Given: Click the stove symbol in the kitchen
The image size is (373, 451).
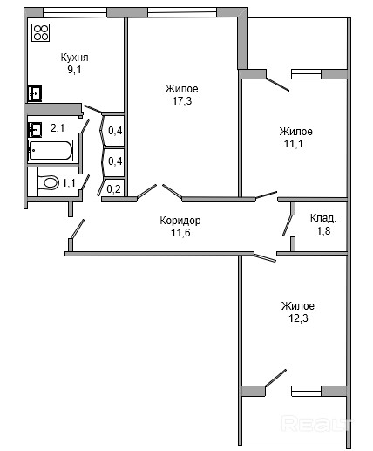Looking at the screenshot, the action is pos(40,32).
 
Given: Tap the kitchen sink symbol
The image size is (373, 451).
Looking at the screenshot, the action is pos(35,93).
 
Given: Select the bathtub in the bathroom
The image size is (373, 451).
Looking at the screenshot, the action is pos(51,150).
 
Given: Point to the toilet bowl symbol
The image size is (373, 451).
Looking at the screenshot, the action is pos(49,182).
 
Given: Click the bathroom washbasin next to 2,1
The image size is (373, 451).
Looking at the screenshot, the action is pos(35,130).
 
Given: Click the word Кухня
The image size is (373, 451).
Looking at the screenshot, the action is pos(74,58).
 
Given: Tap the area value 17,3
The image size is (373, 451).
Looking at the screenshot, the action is pos(182,101).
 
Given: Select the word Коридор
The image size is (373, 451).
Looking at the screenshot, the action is pos(180,221).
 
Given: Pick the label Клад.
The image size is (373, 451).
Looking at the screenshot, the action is pos(323,218).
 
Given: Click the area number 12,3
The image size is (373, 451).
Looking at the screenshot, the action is pos(298,318).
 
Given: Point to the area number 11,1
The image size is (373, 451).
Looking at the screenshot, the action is pos(294,144).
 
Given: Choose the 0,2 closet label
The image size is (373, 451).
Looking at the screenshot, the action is pos(113,189).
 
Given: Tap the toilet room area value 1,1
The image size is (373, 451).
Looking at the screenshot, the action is pos(69,183).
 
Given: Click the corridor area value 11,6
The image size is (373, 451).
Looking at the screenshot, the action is pos(180,233).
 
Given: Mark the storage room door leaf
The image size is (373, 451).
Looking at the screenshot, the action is pos(288,225).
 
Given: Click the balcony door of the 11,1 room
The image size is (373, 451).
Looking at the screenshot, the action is pos(277,85).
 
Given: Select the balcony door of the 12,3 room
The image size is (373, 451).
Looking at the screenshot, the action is pos(275,378).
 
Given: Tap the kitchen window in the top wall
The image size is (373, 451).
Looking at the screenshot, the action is pos(75,12).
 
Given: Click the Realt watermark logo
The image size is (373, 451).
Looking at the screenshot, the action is pos(316,424).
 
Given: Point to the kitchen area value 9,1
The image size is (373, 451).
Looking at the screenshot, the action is pos(74,70).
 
